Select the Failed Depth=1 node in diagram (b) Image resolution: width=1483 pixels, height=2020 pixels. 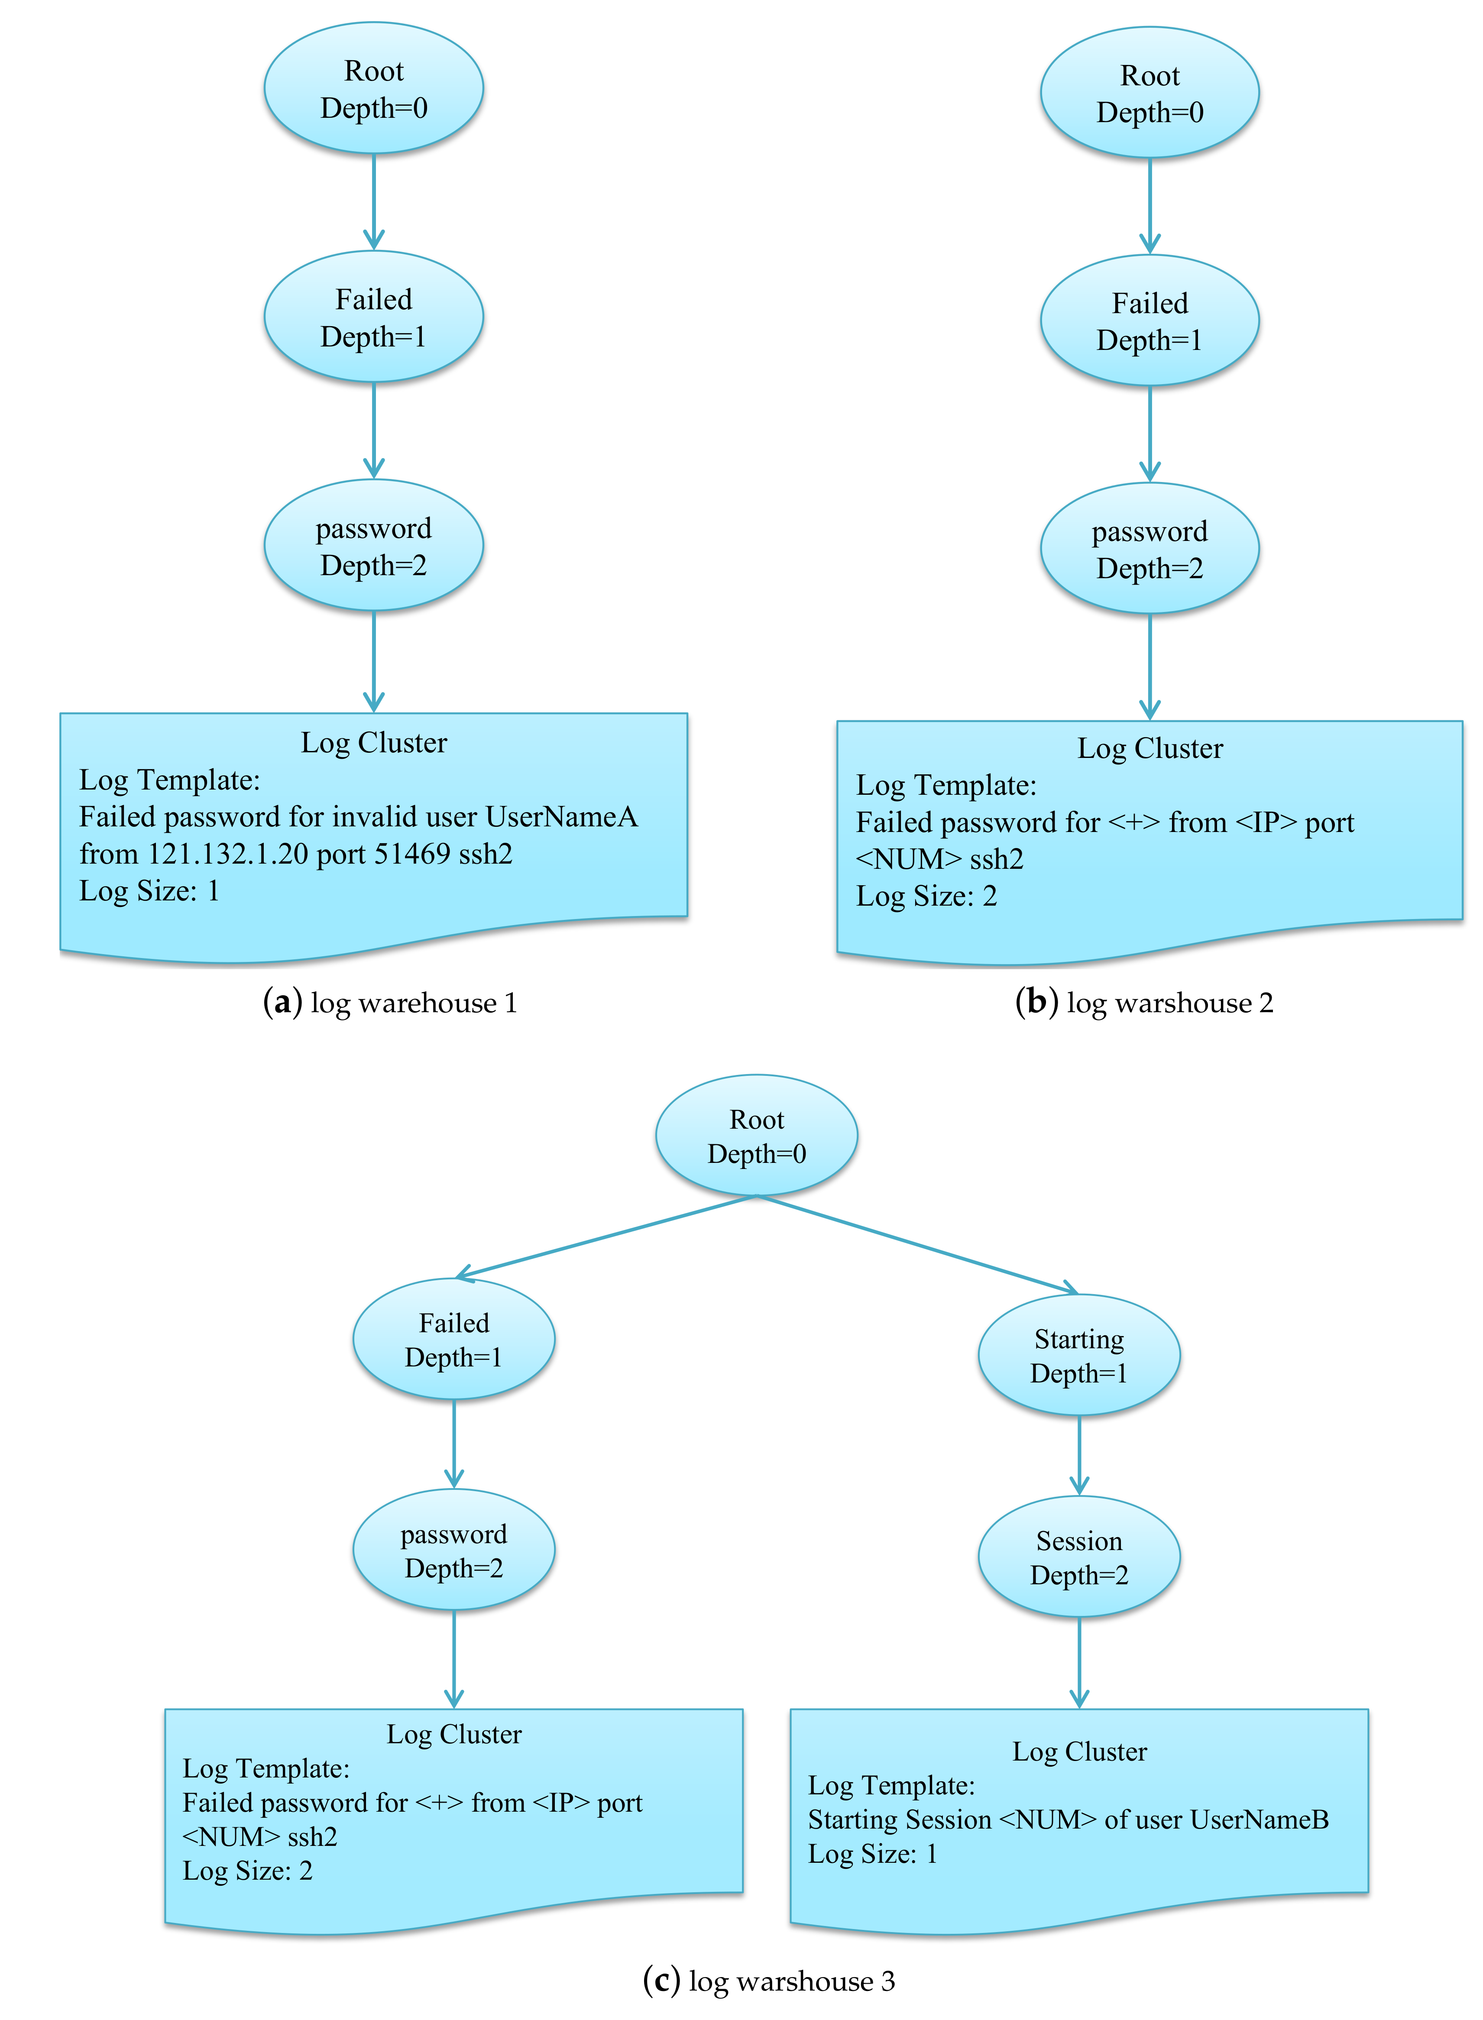(1149, 320)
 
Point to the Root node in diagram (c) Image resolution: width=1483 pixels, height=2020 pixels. (756, 1136)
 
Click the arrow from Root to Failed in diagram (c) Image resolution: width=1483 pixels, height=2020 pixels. (606, 1236)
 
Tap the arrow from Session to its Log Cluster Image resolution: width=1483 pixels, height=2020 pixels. (1079, 1661)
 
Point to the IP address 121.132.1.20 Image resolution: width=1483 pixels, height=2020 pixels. (228, 854)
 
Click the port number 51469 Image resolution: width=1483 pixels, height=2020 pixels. (411, 854)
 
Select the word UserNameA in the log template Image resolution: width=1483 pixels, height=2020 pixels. (561, 817)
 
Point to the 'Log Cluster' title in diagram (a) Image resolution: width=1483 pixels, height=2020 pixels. (373, 742)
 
